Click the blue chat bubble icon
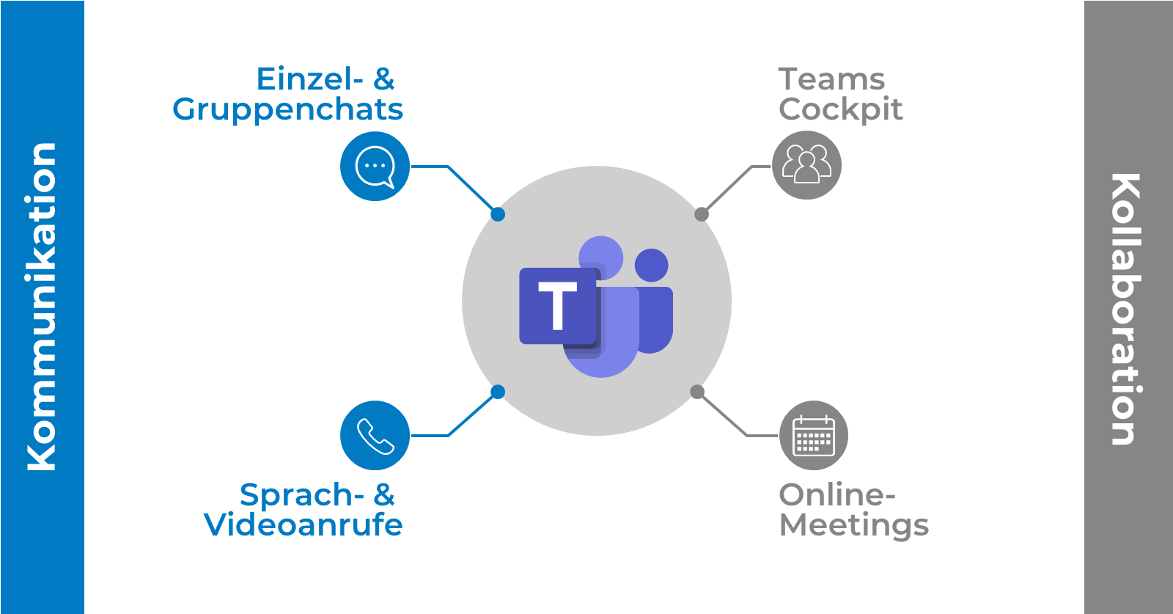375,167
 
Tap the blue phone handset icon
375,436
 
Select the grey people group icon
806,165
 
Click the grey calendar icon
814,436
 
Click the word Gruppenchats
287,110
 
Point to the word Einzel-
309,79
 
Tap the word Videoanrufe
303,525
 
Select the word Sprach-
301,495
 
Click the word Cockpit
840,110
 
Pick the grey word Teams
831,79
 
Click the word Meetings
853,526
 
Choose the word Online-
836,495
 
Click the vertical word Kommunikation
42,307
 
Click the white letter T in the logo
558,306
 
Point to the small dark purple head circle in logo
651,265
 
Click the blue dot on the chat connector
498,214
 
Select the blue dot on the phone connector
498,392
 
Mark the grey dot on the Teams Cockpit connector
702,214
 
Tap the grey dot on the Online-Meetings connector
697,392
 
